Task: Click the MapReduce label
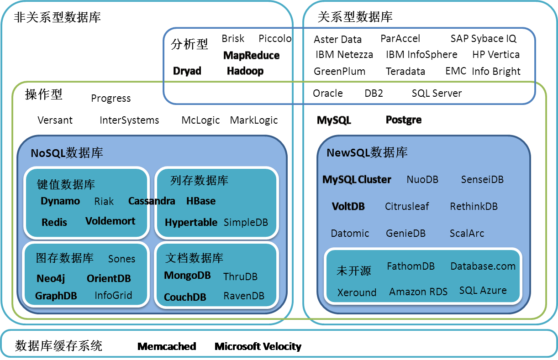[x=251, y=56]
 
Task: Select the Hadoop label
[x=245, y=71]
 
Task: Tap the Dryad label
[x=187, y=71]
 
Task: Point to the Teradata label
[x=405, y=71]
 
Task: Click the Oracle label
[x=328, y=93]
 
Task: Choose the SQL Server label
[x=437, y=93]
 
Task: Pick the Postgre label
[x=404, y=120]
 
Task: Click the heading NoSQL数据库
[x=67, y=153]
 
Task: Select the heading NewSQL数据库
[x=367, y=152]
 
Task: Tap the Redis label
[x=54, y=223]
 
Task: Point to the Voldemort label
[x=111, y=221]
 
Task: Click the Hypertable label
[x=191, y=223]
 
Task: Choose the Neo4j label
[x=51, y=278]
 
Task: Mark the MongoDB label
[x=187, y=276]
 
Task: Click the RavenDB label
[x=244, y=296]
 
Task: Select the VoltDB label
[x=348, y=206]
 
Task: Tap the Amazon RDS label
[x=418, y=292]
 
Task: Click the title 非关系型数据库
[x=58, y=18]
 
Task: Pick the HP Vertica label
[x=496, y=55]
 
